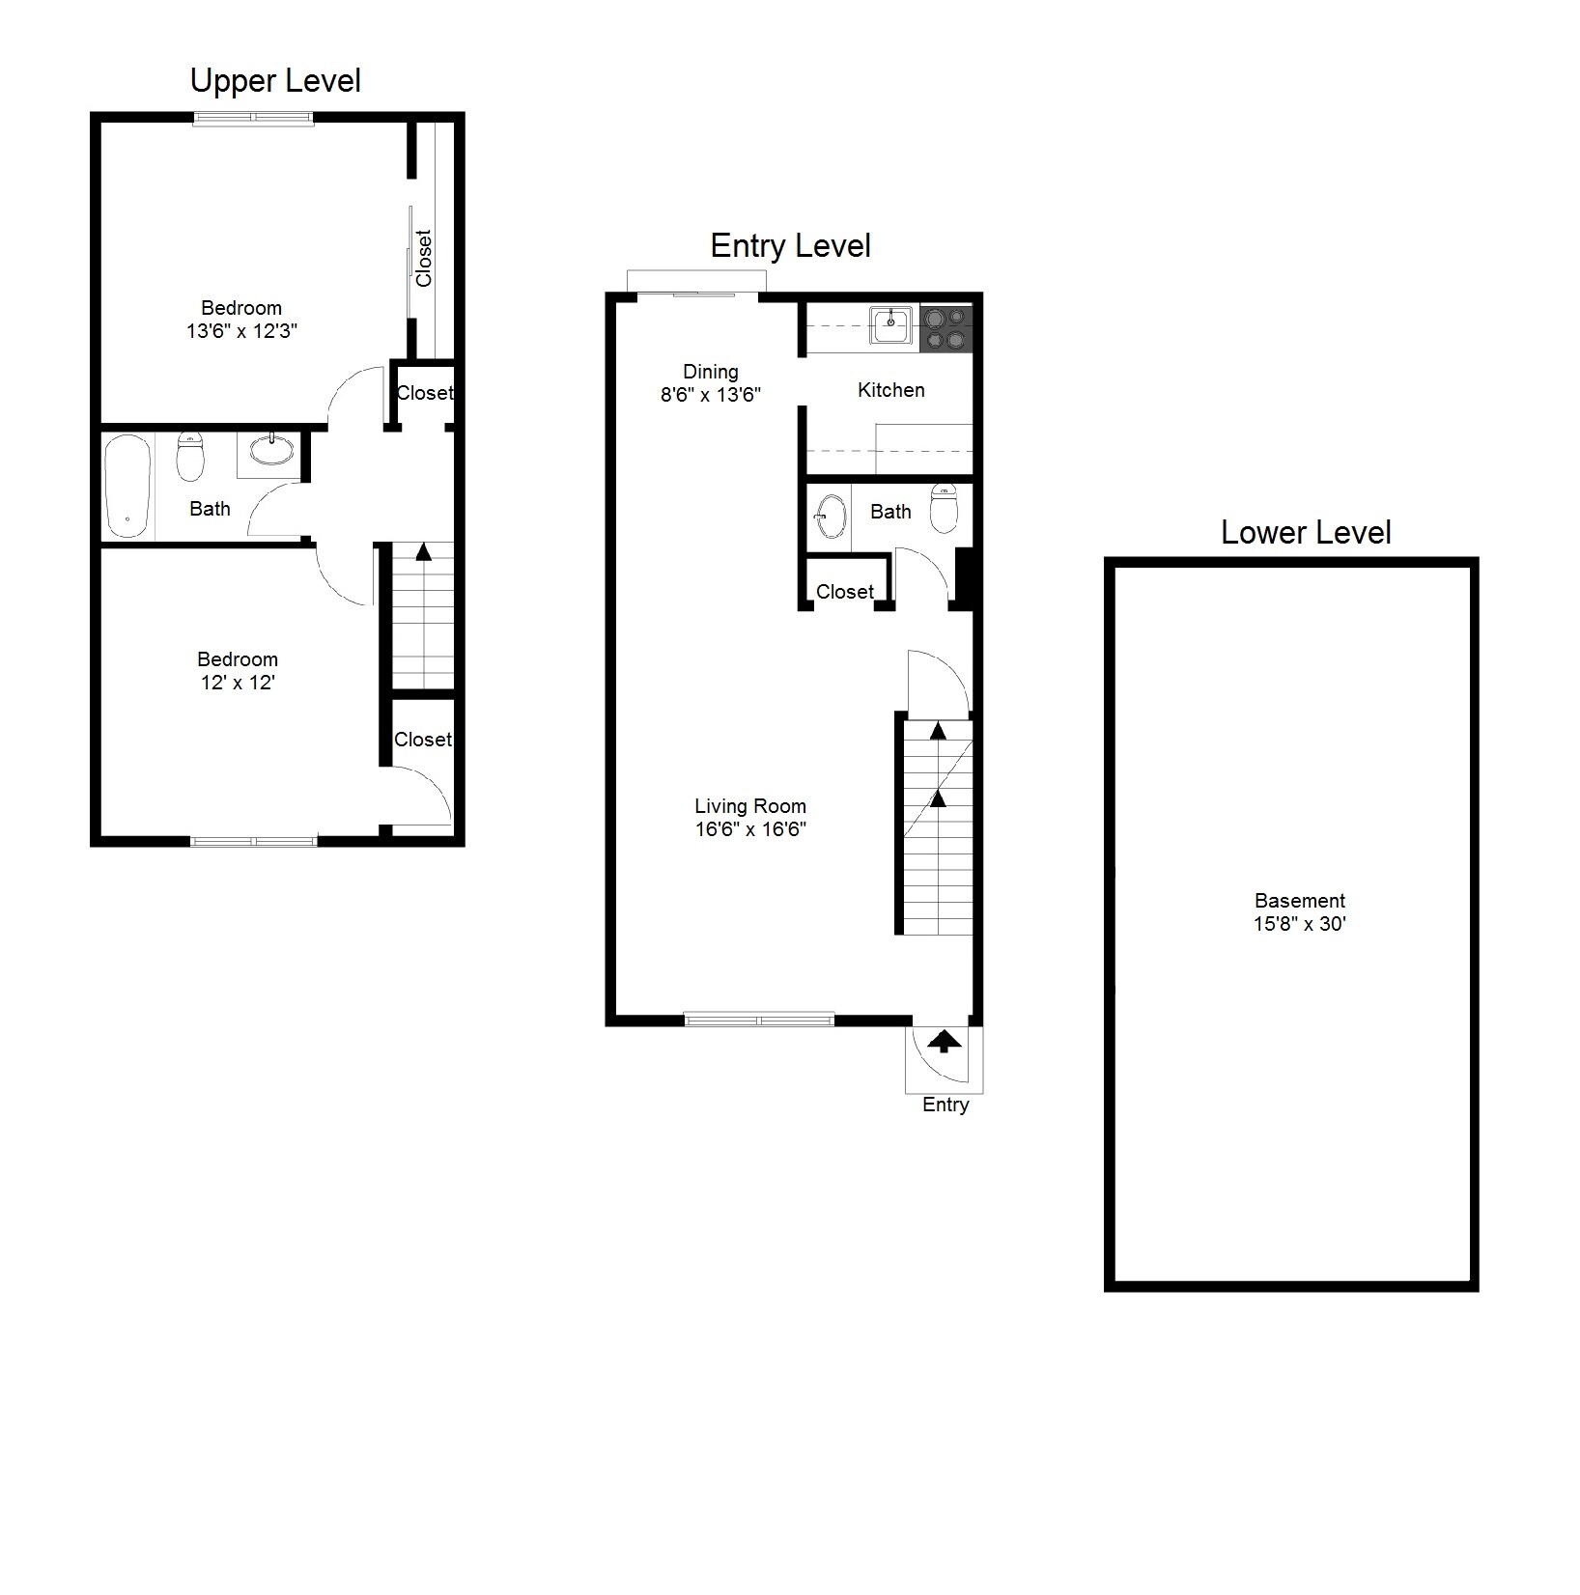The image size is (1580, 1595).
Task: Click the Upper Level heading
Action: pyautogui.click(x=275, y=81)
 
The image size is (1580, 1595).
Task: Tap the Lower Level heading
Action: pyautogui.click(x=1305, y=532)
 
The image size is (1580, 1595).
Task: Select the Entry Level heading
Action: pyautogui.click(x=790, y=246)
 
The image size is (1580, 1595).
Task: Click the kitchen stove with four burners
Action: pyautogui.click(x=945, y=328)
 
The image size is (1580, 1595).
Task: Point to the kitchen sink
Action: pyautogui.click(x=890, y=325)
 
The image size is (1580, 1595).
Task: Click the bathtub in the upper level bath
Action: pyautogui.click(x=128, y=486)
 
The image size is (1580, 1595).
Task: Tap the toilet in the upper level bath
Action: pyautogui.click(x=191, y=458)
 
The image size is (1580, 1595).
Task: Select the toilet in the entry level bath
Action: pyautogui.click(x=944, y=509)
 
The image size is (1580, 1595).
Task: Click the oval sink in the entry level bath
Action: pyautogui.click(x=830, y=517)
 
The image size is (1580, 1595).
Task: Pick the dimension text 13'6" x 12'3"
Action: pyautogui.click(x=241, y=331)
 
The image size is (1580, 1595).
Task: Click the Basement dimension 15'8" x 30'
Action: pyautogui.click(x=1299, y=924)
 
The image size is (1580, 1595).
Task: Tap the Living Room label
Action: pyautogui.click(x=749, y=806)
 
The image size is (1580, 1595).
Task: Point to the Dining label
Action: pyautogui.click(x=710, y=372)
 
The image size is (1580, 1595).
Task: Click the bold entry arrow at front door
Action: pyautogui.click(x=944, y=1042)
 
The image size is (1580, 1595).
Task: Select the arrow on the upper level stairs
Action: pyautogui.click(x=423, y=552)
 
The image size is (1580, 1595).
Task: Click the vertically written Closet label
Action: pyautogui.click(x=424, y=258)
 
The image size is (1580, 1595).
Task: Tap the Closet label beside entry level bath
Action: pyautogui.click(x=844, y=592)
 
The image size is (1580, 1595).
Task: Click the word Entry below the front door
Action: pyautogui.click(x=945, y=1105)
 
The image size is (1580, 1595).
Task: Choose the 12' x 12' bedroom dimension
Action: pyautogui.click(x=237, y=683)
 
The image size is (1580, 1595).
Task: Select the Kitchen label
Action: pyautogui.click(x=890, y=390)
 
